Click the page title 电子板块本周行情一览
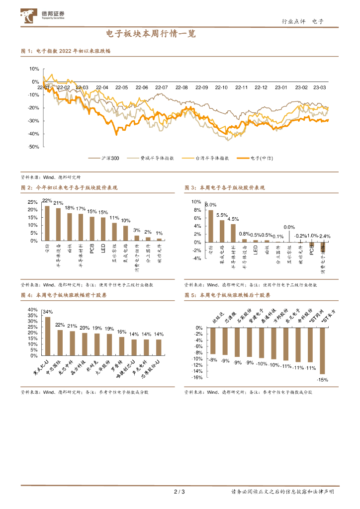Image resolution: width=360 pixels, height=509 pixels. pos(151,34)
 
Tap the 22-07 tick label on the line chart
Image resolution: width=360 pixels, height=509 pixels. pos(162,87)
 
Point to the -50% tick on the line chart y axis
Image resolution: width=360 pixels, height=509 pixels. pos(33,147)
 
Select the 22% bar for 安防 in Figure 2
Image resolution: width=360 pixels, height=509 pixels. pos(47,223)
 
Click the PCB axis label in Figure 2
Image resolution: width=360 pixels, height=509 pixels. pos(91,249)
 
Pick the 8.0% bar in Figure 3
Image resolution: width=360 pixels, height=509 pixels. pos(211,226)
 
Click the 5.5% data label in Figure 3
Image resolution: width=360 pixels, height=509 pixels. pos(222,215)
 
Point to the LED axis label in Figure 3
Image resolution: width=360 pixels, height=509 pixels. pos(255,250)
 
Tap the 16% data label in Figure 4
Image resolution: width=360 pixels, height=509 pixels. pos(122,332)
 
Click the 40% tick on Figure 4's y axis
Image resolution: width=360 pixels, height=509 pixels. pos(32,309)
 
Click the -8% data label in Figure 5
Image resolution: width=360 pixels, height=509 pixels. pos(213,359)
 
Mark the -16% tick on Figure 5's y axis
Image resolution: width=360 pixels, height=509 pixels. pos(197,377)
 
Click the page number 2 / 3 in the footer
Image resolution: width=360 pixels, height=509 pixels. pos(180,492)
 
